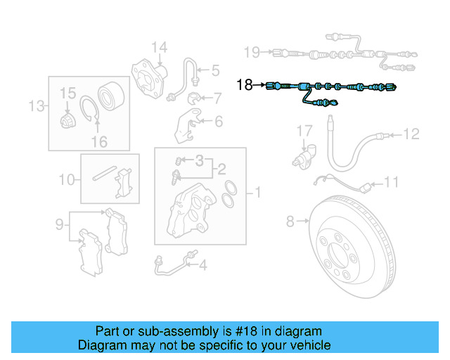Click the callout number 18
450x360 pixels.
(244, 85)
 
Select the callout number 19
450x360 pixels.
(251, 51)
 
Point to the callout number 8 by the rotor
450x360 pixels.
(290, 222)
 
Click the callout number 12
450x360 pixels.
(411, 133)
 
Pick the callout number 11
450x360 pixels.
(391, 182)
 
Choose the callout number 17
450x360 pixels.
(303, 131)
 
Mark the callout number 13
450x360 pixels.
(36, 106)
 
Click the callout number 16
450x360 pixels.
(99, 141)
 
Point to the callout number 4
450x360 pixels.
(202, 265)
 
